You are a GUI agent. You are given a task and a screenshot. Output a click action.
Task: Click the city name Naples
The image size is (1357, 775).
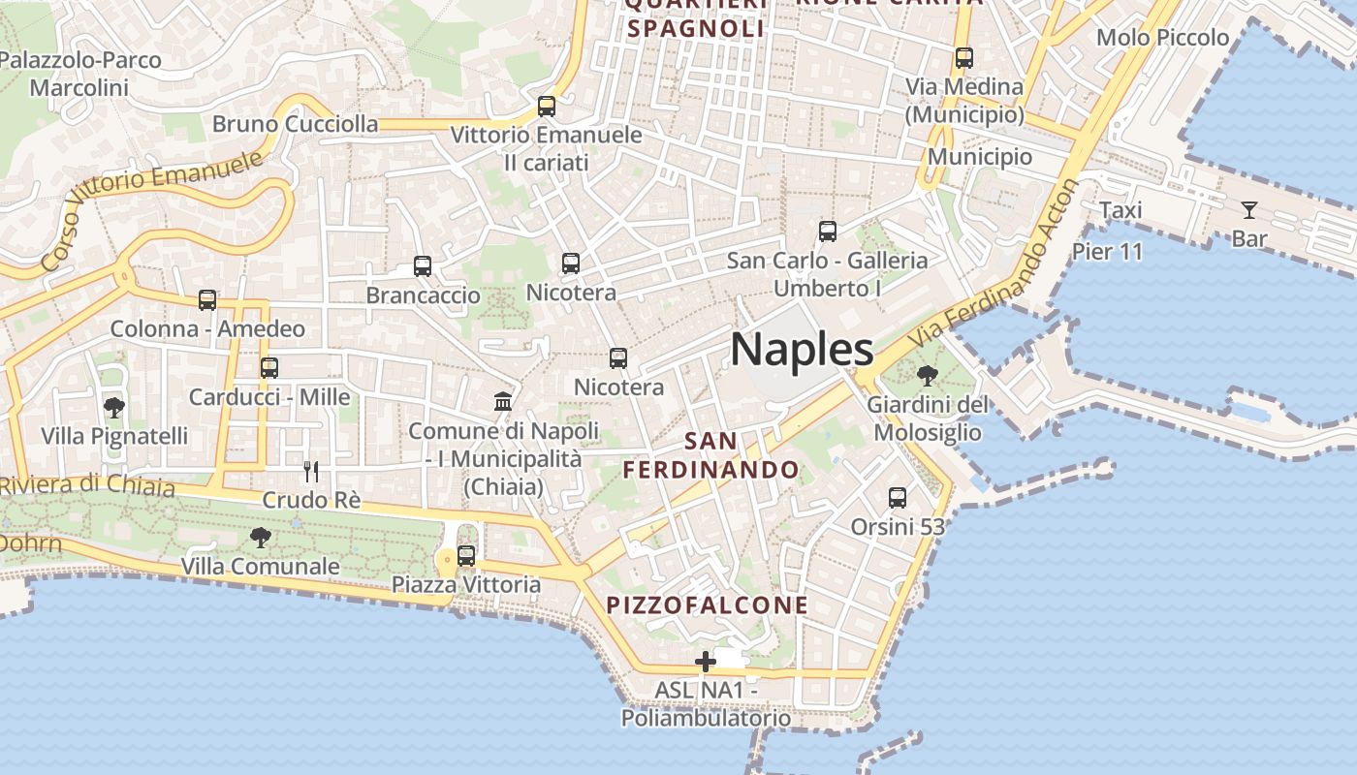pos(802,350)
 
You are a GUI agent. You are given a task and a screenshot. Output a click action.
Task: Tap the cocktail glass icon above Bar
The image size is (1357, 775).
pos(1248,209)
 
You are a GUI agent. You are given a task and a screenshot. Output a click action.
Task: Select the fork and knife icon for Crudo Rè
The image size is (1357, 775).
pos(311,472)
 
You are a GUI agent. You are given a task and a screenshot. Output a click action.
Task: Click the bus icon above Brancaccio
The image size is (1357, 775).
pos(423,266)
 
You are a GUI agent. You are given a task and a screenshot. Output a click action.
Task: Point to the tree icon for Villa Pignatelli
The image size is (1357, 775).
pos(114,408)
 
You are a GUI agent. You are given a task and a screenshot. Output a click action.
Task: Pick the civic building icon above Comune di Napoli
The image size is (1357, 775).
pos(503,401)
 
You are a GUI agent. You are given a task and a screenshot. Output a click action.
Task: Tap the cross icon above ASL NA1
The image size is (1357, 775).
pos(706,663)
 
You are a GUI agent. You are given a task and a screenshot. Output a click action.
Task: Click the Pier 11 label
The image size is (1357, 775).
pos(1107,252)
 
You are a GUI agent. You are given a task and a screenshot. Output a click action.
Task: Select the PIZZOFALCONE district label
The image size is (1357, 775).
pos(707,605)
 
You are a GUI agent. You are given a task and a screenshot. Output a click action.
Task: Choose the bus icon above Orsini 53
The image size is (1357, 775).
pos(898,498)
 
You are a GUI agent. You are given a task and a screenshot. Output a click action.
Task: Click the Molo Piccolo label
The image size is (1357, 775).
pos(1162,38)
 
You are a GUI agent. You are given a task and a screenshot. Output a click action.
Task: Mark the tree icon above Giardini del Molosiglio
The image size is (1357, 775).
pos(928,375)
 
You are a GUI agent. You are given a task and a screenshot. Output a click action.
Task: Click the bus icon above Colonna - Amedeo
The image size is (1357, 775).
pos(207,300)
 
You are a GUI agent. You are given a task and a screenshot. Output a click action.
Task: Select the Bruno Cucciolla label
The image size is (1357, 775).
pos(295,124)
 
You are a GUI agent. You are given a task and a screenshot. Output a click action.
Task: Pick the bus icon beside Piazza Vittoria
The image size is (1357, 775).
pos(466,556)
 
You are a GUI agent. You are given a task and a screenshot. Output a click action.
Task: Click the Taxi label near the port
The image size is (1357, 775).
pos(1120,210)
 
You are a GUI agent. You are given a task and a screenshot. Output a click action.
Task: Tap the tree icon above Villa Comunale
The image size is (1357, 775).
pos(260,537)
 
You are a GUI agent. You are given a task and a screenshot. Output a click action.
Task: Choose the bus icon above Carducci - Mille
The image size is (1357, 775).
pos(269,368)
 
